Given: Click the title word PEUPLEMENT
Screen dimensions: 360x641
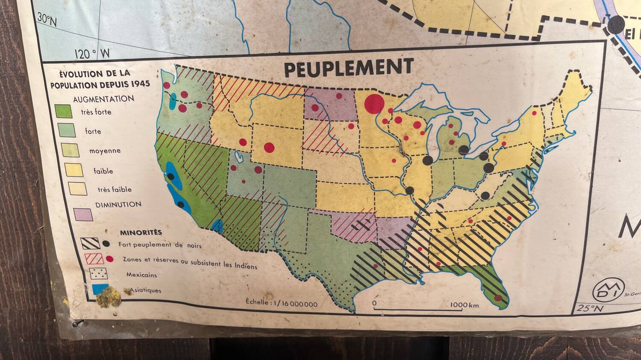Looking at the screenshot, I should coord(348,68).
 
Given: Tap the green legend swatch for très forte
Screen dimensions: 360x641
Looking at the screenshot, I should coord(63,112).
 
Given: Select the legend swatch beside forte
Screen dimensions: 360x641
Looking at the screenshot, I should coord(67,131).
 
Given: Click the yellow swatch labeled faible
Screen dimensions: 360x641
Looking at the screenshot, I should coord(74,170).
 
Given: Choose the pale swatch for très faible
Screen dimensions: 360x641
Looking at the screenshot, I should coord(77,189).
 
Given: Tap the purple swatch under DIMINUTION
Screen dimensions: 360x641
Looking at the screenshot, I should coord(83,214).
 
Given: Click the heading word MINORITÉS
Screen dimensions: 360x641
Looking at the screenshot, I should coord(135,233).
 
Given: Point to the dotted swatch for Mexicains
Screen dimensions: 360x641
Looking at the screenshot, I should coord(98,273).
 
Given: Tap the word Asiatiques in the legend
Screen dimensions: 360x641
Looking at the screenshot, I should coord(145,290).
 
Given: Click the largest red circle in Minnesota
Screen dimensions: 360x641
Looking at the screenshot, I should coord(375,104).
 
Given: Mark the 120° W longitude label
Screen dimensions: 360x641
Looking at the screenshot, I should coord(92,54).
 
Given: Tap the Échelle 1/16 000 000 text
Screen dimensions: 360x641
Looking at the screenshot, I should coord(282,303).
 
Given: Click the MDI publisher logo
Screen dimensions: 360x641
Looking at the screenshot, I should coord(608,289).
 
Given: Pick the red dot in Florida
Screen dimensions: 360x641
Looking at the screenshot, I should coord(498,298).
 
